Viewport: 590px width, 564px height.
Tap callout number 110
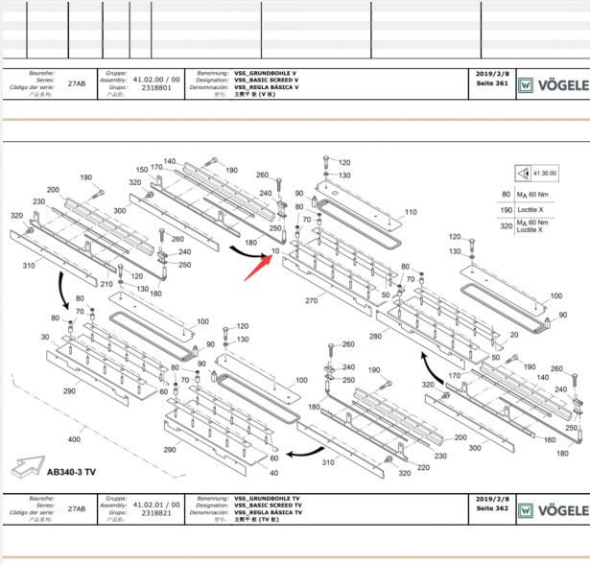coord(411,211)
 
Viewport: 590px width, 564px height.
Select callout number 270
coord(311,301)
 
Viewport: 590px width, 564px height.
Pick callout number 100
coord(301,380)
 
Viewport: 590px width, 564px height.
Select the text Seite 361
coord(491,82)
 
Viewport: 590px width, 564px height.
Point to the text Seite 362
coord(491,508)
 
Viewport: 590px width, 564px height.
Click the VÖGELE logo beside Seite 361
coord(554,83)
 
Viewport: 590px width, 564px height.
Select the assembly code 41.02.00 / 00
coord(156,80)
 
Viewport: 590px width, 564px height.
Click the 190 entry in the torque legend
coord(506,208)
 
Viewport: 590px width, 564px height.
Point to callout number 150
coord(141,170)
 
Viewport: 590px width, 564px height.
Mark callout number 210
coord(106,284)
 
